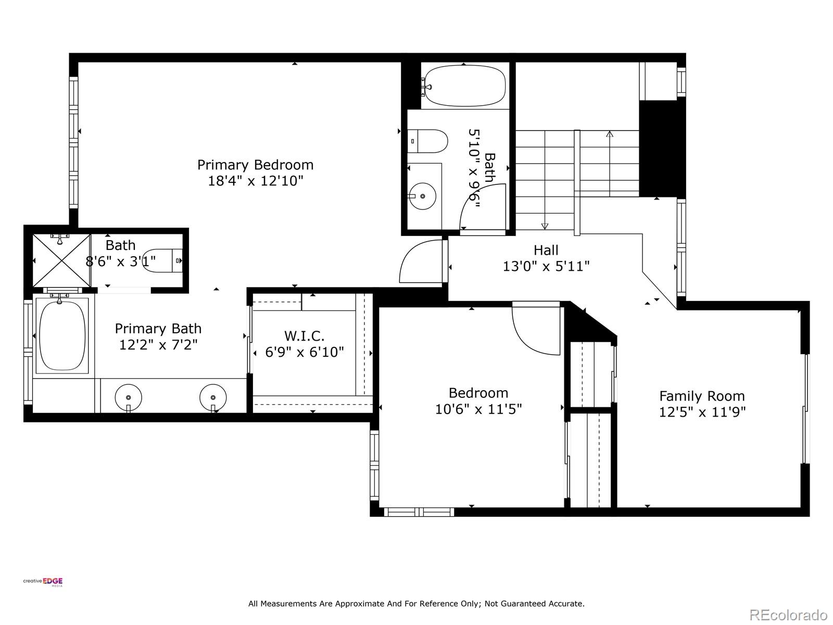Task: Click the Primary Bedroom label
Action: [x=256, y=165]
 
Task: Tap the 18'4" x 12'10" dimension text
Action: [x=256, y=181]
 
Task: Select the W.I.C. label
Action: [x=305, y=336]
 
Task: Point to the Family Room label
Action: [x=702, y=396]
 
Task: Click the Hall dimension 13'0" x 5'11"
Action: [x=546, y=266]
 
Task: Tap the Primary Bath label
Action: [x=158, y=329]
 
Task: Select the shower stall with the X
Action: [x=61, y=261]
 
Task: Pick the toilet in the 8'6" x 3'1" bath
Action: [x=162, y=261]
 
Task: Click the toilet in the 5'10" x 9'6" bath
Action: [x=428, y=141]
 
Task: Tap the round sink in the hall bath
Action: [x=422, y=196]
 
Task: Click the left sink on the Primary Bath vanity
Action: [x=128, y=398]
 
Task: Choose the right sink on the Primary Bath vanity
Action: [x=213, y=398]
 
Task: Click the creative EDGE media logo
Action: [x=43, y=582]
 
